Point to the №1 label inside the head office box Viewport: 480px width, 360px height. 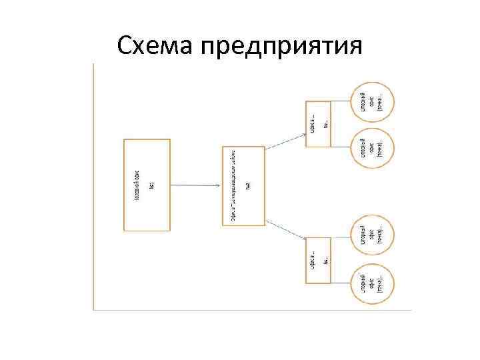tap(152, 185)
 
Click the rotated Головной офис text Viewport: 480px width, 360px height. tap(137, 185)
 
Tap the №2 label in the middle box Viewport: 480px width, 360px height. tap(247, 185)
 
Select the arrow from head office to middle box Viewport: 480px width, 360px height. tap(196, 185)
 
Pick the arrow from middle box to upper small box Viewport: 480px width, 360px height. tap(285, 139)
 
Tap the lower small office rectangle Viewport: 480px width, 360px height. tap(318, 259)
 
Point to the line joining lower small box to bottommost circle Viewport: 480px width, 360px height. tap(341, 283)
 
